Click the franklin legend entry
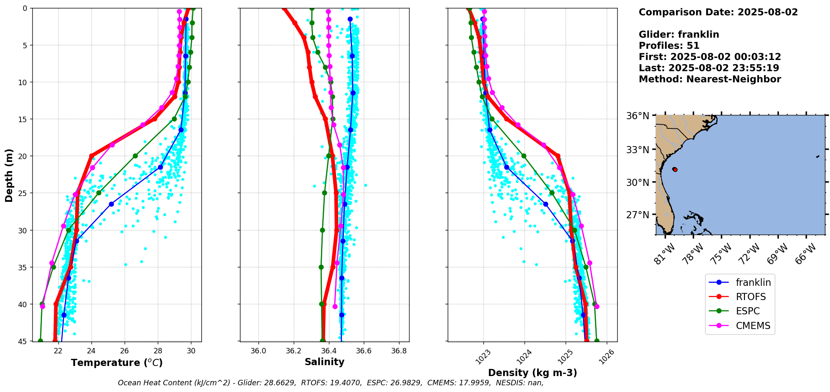point(753,282)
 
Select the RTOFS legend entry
point(750,297)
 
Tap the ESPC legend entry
point(748,311)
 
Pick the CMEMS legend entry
point(753,326)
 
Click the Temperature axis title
point(117,363)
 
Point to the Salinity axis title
point(324,362)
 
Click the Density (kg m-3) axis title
point(532,373)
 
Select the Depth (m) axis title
point(9,175)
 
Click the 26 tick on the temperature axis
point(125,351)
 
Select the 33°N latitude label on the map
point(637,150)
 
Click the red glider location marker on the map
point(675,170)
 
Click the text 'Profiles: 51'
point(669,46)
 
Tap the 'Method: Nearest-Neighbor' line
point(710,79)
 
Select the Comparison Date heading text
point(718,12)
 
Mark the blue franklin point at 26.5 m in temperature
point(111,204)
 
